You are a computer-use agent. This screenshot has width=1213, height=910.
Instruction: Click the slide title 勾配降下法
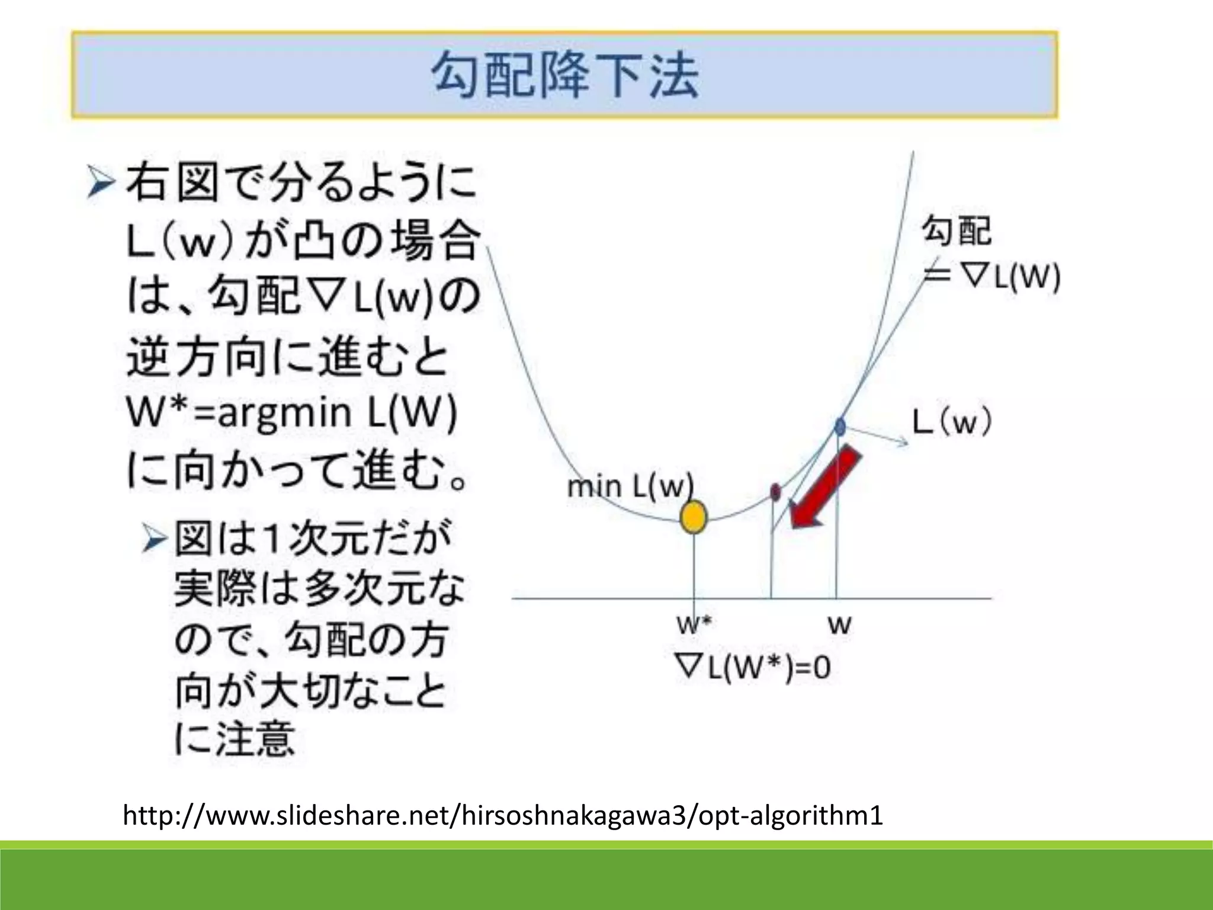click(x=565, y=76)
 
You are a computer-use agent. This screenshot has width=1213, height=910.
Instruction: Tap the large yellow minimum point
click(x=694, y=517)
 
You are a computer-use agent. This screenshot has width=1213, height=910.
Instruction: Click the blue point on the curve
click(x=840, y=425)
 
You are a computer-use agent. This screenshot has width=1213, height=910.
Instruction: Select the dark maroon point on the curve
click(x=775, y=491)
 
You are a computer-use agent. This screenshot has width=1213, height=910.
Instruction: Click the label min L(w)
click(x=630, y=487)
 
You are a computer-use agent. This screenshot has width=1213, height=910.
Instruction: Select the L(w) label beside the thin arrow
click(x=952, y=423)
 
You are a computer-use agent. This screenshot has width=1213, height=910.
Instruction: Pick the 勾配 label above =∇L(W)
click(x=957, y=231)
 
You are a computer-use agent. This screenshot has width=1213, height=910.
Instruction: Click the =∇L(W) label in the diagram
click(x=993, y=276)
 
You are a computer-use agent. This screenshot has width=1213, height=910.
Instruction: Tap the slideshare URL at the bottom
click(x=502, y=815)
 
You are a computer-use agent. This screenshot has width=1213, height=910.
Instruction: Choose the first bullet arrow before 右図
click(x=100, y=183)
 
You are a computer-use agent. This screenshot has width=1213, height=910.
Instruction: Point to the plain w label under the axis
click(x=839, y=624)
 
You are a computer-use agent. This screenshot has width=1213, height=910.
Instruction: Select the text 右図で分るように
click(x=301, y=183)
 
